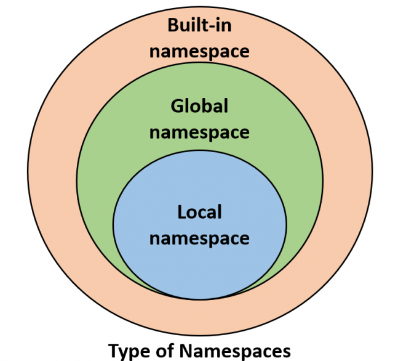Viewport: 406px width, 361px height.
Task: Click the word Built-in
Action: pyautogui.click(x=199, y=25)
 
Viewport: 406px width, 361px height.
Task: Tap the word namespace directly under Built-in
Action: pyautogui.click(x=199, y=52)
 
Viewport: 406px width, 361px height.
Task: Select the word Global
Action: pyautogui.click(x=199, y=106)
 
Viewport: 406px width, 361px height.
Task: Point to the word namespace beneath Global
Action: pyautogui.click(x=199, y=132)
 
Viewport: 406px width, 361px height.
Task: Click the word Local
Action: pyautogui.click(x=199, y=212)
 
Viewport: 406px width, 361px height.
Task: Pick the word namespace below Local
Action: pyautogui.click(x=199, y=238)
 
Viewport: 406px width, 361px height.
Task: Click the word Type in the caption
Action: pyautogui.click(x=129, y=352)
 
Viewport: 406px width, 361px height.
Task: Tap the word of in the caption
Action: pyautogui.click(x=165, y=351)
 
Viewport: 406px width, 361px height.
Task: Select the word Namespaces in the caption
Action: pyautogui.click(x=235, y=352)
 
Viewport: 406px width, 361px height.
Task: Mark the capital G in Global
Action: pyautogui.click(x=177, y=106)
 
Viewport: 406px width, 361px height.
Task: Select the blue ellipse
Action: pyautogui.click(x=200, y=225)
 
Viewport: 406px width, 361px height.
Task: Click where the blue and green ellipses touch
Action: pyautogui.click(x=200, y=299)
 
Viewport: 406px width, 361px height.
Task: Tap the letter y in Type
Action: pyautogui.click(x=126, y=353)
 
